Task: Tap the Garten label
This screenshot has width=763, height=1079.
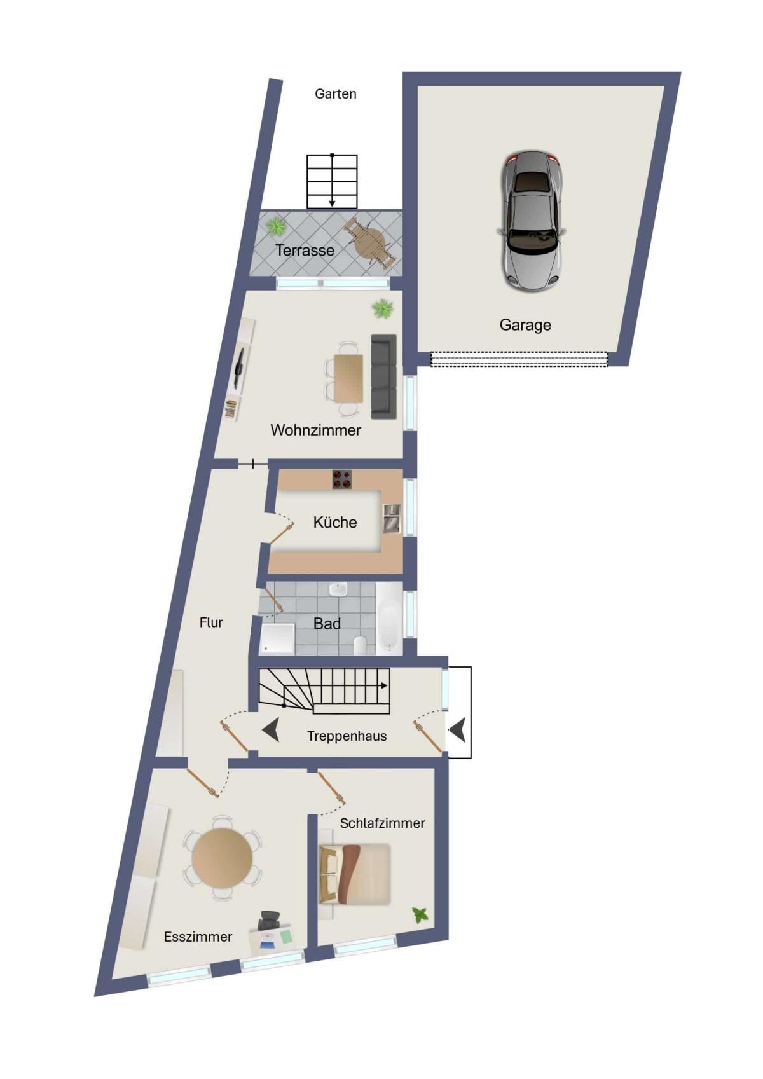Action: coord(335,94)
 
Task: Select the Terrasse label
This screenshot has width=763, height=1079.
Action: coord(305,251)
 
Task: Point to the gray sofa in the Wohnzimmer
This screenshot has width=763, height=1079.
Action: coord(383,376)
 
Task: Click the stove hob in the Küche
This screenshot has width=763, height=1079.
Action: coord(341,479)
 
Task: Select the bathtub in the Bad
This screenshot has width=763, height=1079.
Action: coord(388,618)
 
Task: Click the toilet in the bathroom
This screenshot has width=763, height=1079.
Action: coord(361,645)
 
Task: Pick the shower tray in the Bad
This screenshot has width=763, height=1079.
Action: coord(277,639)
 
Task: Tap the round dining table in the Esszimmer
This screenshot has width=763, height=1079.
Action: coord(222,857)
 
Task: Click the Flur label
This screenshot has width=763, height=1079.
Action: coord(211,622)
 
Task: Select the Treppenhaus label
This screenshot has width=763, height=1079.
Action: coord(347,736)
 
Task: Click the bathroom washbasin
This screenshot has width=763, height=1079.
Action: coord(338,589)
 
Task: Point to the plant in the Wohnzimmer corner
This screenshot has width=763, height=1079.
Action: coord(383,308)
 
